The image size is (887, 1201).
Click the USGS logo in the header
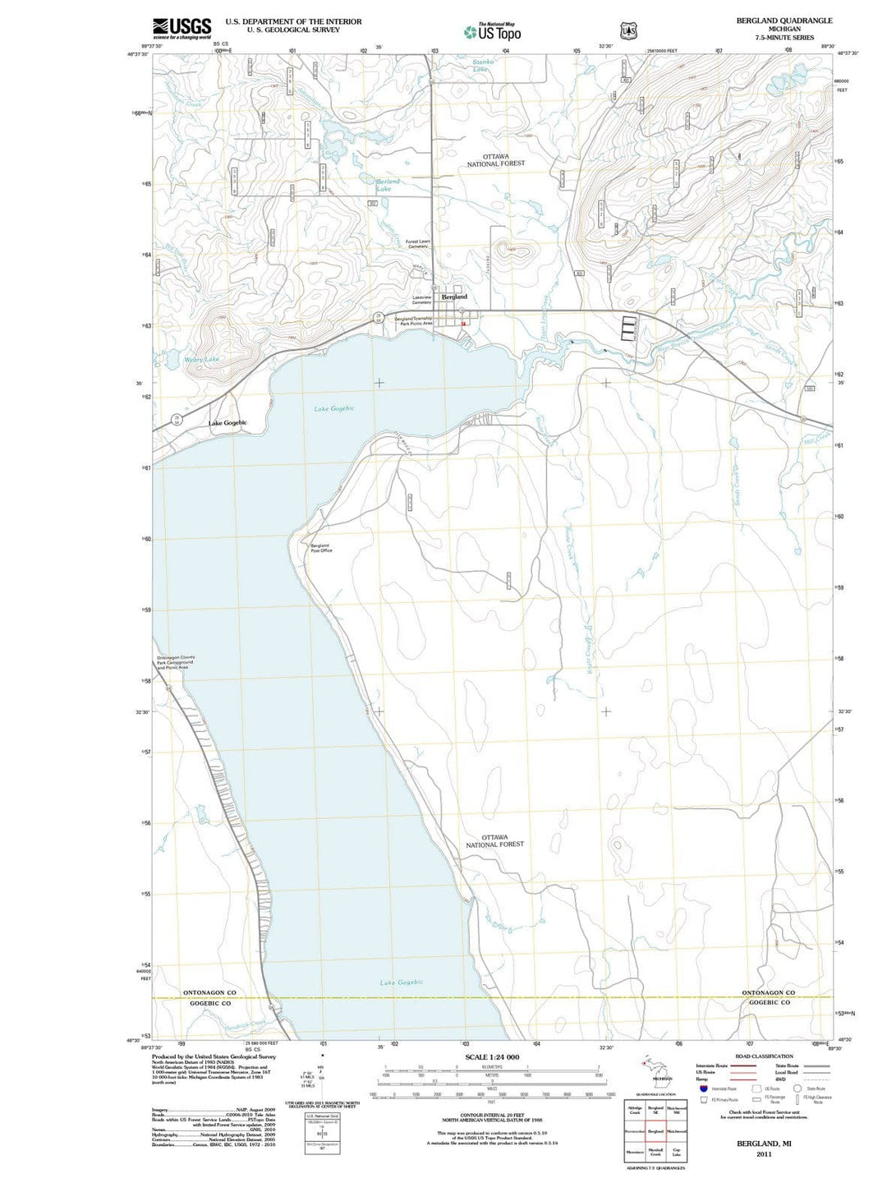coord(182,28)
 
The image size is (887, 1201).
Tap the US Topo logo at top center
coord(492,32)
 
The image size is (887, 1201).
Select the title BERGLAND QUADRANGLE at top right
coord(772,21)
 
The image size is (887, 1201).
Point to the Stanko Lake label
coord(483,66)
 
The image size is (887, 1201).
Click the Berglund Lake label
coord(388,185)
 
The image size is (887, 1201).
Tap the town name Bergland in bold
coord(454,297)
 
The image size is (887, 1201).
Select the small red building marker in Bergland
coord(463,324)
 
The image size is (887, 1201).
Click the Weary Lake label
coord(201,359)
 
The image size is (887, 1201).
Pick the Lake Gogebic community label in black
coord(227,423)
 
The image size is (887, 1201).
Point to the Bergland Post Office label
coord(320,548)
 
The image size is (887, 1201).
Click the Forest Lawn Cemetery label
coord(417,244)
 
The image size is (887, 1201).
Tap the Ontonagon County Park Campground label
coord(176,662)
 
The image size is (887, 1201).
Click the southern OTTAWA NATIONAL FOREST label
coord(494,840)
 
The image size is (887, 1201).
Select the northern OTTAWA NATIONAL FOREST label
coord(495,159)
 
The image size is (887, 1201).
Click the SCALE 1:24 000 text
coord(491,1057)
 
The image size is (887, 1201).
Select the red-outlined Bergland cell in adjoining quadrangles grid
coord(655,1131)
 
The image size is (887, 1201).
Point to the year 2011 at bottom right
coord(764,1154)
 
